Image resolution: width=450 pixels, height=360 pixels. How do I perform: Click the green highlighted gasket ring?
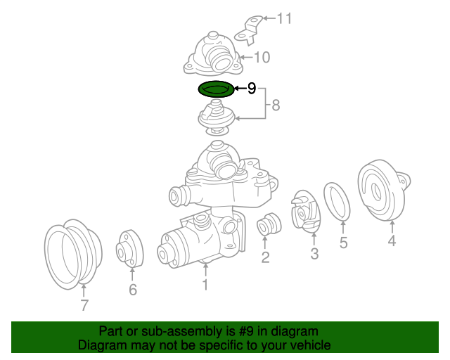point(215,89)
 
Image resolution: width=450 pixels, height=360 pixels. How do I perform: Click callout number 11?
point(283,18)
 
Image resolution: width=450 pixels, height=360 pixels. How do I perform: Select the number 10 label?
point(262,58)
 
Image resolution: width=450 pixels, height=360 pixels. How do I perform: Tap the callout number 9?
point(252,89)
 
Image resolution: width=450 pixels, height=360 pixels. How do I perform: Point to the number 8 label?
point(276,105)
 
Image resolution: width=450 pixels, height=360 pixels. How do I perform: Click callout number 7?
point(84,305)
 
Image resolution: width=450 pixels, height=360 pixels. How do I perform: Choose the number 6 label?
point(133,289)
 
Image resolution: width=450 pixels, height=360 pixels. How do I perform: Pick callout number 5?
point(343,243)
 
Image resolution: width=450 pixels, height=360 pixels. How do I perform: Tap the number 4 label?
point(392,241)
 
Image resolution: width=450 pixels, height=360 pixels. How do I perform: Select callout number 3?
point(314,254)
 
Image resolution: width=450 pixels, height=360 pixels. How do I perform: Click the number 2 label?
point(265,257)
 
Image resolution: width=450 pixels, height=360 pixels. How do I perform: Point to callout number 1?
point(205,285)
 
